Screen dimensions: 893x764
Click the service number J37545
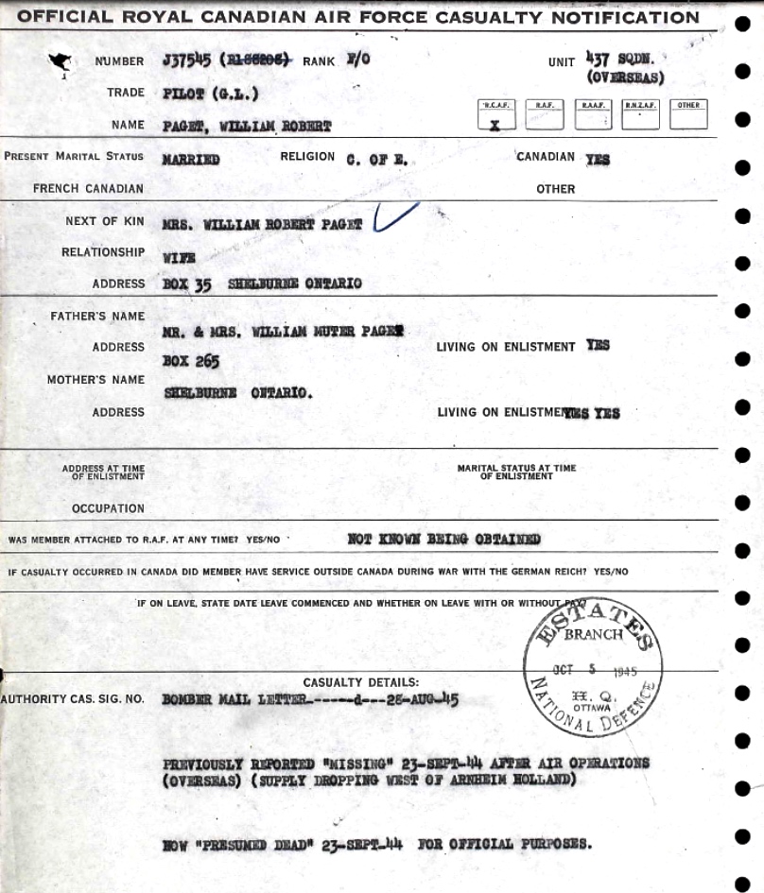point(186,60)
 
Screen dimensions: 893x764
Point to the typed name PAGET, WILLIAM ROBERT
point(247,126)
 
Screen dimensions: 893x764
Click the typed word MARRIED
point(191,160)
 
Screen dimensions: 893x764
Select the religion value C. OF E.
point(376,160)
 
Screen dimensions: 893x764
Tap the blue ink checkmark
point(395,216)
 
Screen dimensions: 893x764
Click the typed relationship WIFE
point(179,256)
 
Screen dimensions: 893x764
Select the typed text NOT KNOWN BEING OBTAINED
point(443,540)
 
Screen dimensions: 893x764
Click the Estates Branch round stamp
point(594,667)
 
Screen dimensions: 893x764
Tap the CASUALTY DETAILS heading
point(360,682)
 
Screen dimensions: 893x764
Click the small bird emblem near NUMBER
point(61,63)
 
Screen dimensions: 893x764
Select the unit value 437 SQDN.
point(625,60)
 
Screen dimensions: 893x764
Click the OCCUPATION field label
point(108,508)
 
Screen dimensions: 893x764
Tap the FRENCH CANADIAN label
point(88,188)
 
